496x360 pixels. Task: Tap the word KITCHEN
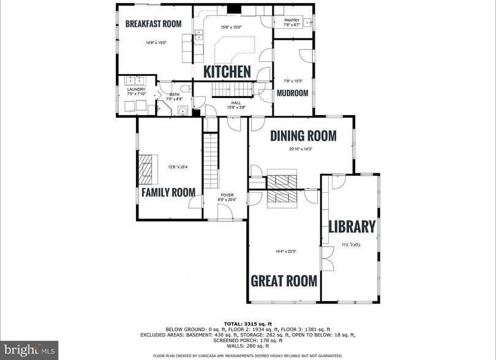[x=227, y=72]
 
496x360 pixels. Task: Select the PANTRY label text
[x=291, y=20]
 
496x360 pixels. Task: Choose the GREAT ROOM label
[x=284, y=281]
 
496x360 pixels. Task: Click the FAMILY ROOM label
[x=168, y=192]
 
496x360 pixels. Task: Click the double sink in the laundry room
[x=134, y=80]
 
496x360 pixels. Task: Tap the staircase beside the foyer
[x=211, y=157]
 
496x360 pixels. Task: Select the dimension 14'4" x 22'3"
[x=284, y=250]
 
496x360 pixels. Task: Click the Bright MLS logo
[x=29, y=350]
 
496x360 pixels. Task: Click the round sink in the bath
[x=182, y=111]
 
